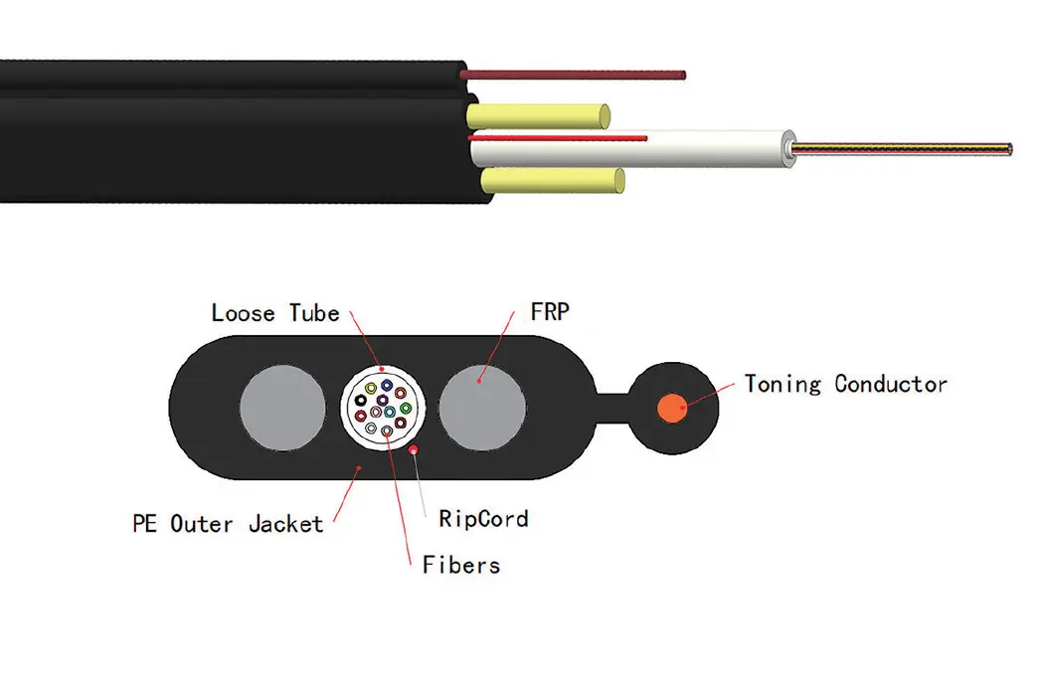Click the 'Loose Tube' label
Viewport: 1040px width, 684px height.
pos(274,313)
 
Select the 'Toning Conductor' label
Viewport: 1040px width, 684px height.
pos(845,384)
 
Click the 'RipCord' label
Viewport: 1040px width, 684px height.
pos(482,518)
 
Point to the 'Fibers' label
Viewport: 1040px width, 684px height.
pos(460,566)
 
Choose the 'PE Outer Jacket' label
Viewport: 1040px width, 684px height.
pos(228,523)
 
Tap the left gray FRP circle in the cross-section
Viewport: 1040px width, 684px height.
pos(284,408)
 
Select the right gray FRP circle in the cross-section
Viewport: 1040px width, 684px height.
pos(481,408)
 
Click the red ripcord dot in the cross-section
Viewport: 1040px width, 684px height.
pos(414,449)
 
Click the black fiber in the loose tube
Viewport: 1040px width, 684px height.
pos(361,400)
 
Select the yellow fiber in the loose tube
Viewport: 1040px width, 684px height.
pos(371,388)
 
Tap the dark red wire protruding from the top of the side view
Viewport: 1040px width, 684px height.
pos(577,75)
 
